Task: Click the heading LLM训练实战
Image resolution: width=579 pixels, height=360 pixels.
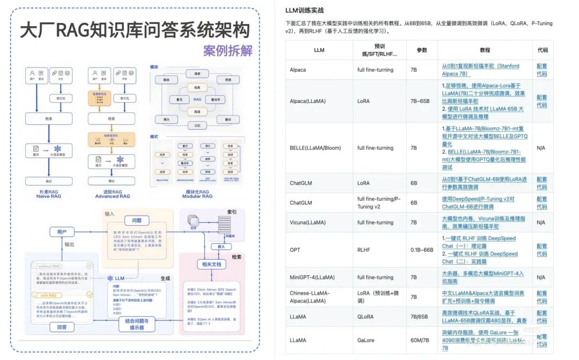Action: pyautogui.click(x=305, y=10)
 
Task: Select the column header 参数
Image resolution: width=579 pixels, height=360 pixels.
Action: pyautogui.click(x=422, y=50)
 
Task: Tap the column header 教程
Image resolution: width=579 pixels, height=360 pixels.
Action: pyautogui.click(x=485, y=50)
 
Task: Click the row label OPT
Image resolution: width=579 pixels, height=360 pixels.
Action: pyautogui.click(x=295, y=250)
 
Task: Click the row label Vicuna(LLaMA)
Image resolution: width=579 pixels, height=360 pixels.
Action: pyautogui.click(x=308, y=222)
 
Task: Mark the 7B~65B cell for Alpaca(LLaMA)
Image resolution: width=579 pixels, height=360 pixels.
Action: pyautogui.click(x=420, y=101)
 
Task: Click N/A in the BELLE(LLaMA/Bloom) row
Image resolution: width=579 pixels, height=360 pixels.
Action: pyautogui.click(x=541, y=148)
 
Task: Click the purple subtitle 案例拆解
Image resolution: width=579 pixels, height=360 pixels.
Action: pyautogui.click(x=227, y=51)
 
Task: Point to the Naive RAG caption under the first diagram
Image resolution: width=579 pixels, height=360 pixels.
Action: pyautogui.click(x=49, y=197)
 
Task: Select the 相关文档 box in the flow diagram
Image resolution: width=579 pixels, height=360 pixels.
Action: pyautogui.click(x=212, y=264)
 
